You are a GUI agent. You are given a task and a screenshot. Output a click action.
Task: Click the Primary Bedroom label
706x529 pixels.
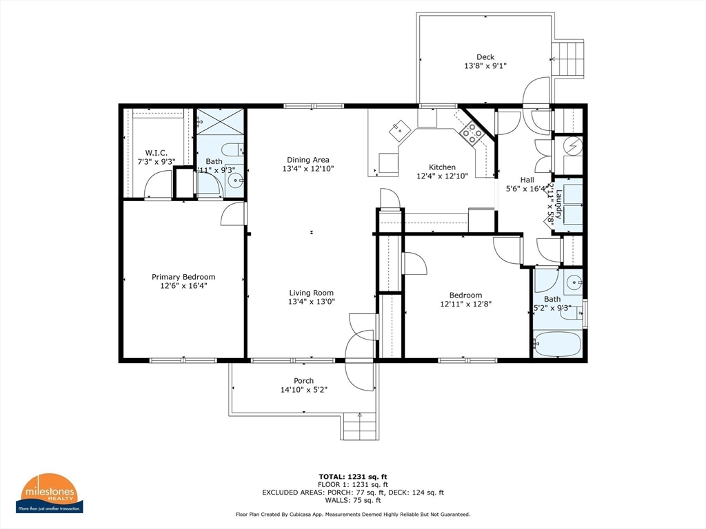(183, 277)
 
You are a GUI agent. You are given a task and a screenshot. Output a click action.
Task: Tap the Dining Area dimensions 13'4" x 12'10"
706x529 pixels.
(308, 169)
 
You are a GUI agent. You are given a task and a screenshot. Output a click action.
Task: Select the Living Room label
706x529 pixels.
(311, 292)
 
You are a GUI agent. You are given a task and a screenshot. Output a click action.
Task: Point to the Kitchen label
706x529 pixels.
(442, 167)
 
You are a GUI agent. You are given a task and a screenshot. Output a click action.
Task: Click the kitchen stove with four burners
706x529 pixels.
(472, 132)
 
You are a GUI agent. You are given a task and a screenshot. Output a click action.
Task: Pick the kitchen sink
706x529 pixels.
(399, 129)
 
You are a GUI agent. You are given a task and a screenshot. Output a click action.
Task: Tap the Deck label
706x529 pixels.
(485, 57)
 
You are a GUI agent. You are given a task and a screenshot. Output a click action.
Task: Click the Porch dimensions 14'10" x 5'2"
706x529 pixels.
(303, 390)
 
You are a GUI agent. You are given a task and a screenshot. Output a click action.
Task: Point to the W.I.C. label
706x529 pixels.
(156, 153)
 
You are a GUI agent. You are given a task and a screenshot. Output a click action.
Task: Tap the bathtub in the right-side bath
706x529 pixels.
(558, 344)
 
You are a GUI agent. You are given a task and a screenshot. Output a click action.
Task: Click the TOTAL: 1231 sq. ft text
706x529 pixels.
(352, 476)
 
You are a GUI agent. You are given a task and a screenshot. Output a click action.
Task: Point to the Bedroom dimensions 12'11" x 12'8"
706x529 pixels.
(465, 304)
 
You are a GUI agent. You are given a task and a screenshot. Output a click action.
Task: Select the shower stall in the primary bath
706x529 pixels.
(220, 121)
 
